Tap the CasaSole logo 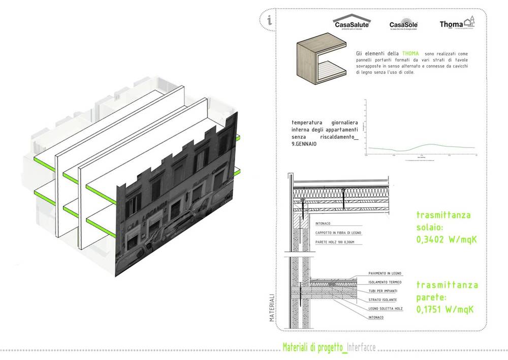coord(403,25)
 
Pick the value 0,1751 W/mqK coord(447,309)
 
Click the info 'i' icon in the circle coord(269,21)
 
